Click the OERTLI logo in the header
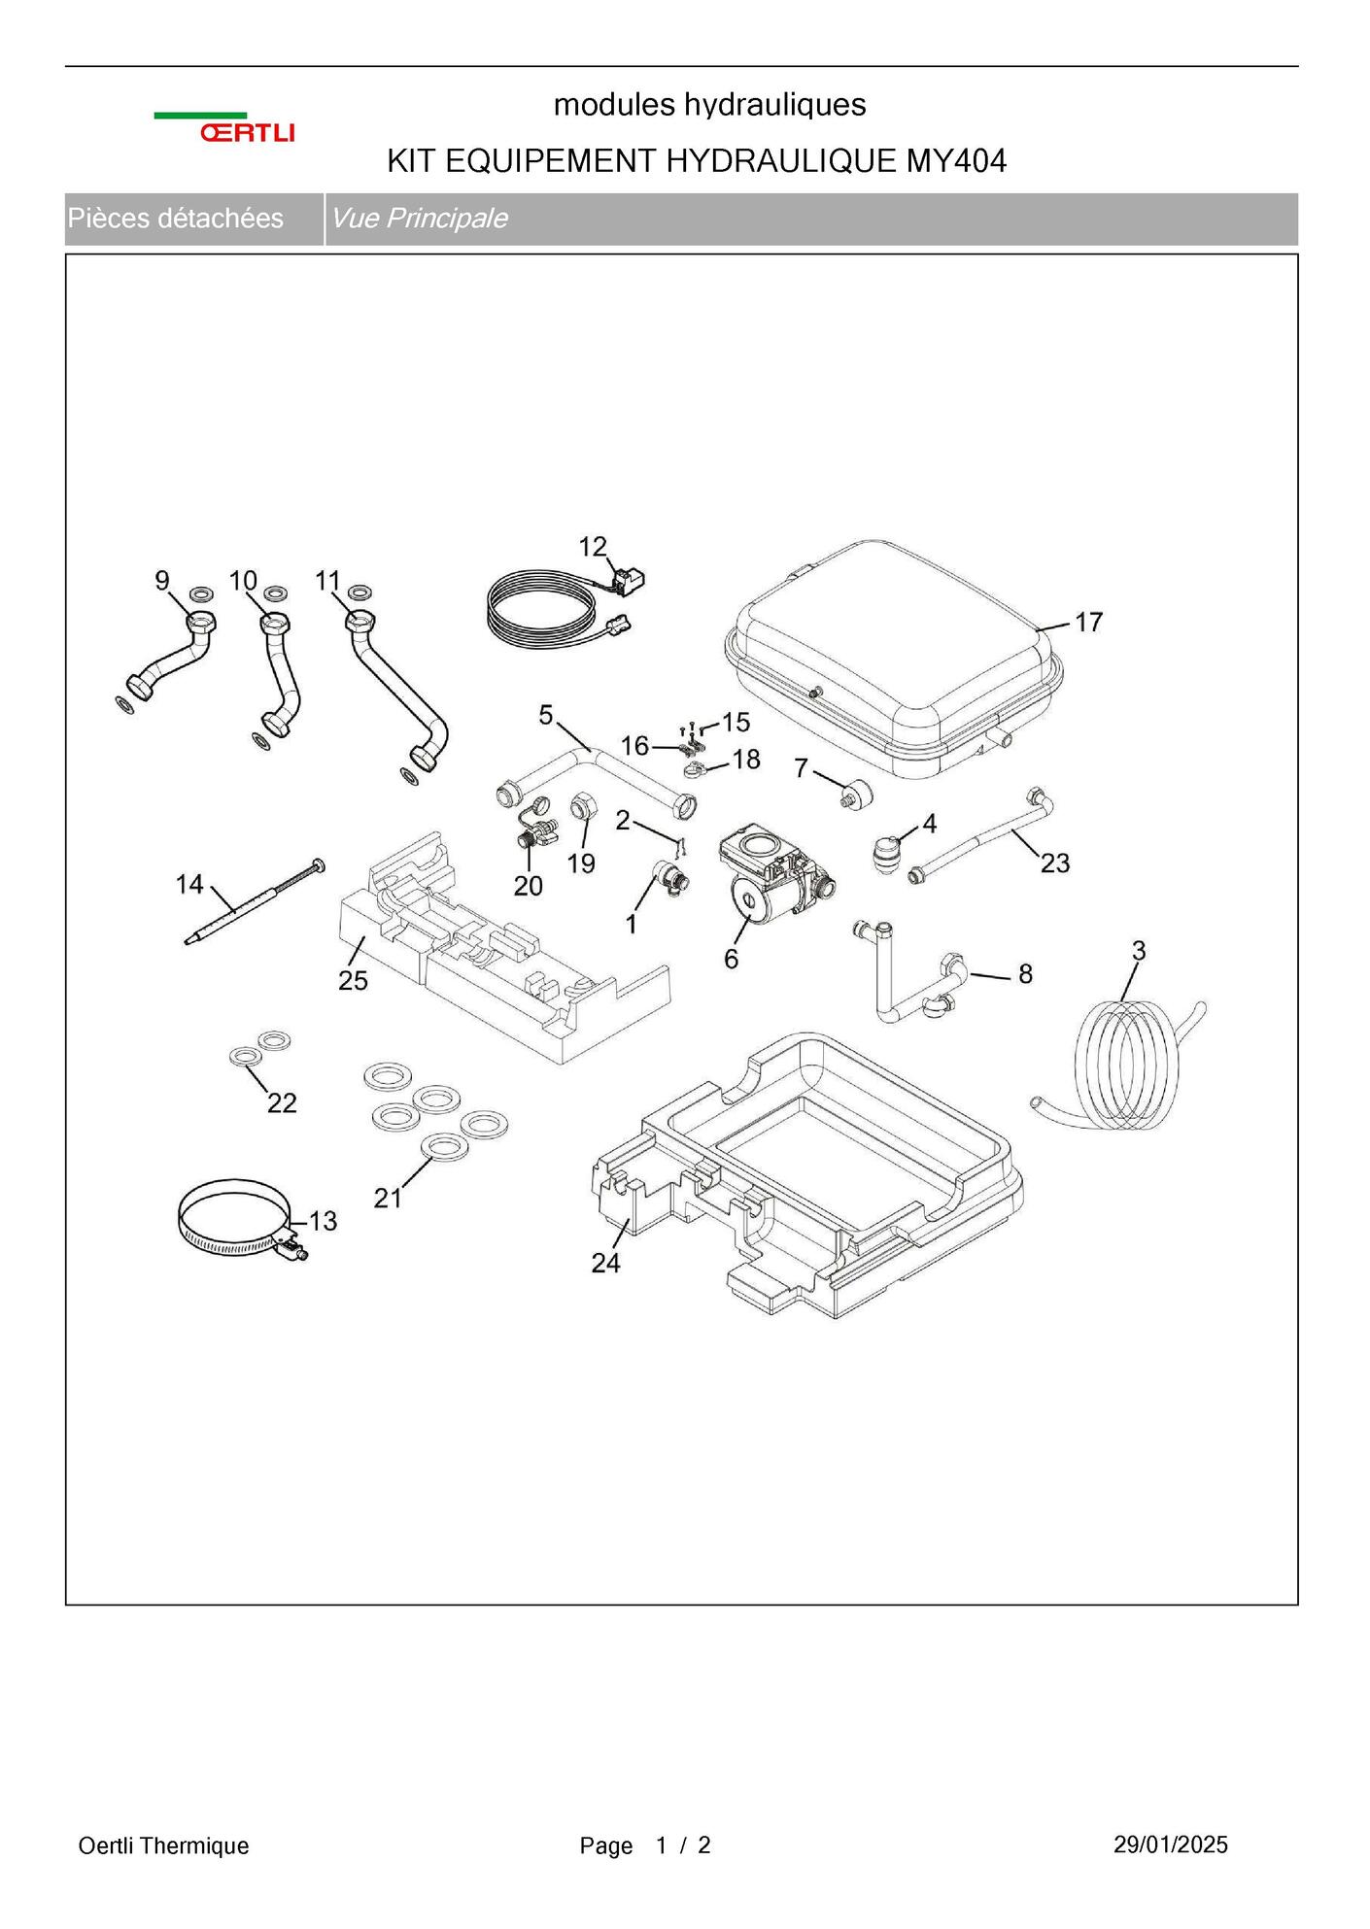click(x=224, y=128)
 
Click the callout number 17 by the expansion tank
click(x=1088, y=623)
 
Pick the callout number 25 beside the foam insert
click(x=353, y=981)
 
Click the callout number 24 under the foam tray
click(x=605, y=1263)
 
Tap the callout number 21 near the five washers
click(x=388, y=1199)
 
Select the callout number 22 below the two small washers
click(x=282, y=1102)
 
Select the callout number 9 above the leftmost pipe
click(x=162, y=581)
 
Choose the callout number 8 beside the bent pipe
click(x=1025, y=974)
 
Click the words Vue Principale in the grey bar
click(x=419, y=219)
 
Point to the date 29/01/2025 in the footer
click(x=1170, y=1844)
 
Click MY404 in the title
click(x=956, y=161)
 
